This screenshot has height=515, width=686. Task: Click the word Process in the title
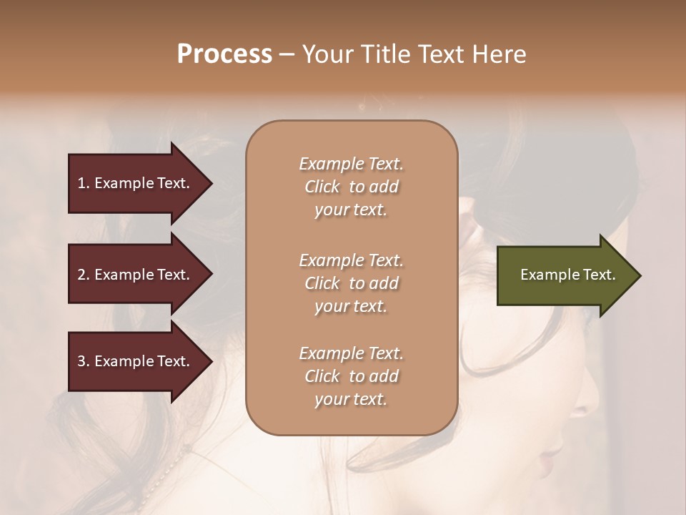pos(224,54)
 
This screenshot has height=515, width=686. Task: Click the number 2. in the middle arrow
pos(83,275)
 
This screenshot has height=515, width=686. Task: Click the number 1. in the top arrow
pos(83,183)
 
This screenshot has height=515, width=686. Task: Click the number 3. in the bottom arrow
pos(83,361)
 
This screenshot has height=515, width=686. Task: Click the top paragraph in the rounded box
pos(351,187)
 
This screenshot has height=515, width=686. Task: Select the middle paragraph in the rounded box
pos(351,283)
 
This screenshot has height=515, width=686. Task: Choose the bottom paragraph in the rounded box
pos(351,376)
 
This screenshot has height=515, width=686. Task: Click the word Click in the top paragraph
pos(322,187)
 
